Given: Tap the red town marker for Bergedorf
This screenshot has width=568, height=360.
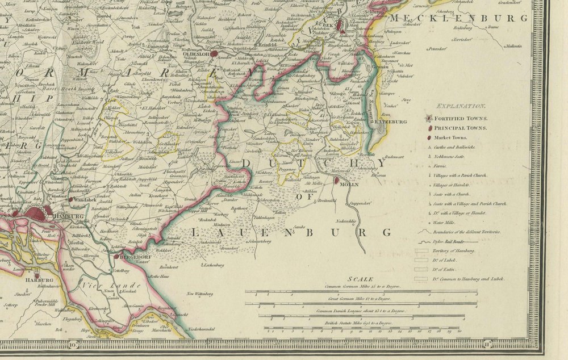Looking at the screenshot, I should tap(116, 257).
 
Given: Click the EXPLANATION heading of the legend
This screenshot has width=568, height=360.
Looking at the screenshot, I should tap(461, 106).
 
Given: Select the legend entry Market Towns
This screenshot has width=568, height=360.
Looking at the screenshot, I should tap(450, 137).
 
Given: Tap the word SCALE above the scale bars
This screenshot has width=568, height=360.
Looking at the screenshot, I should tap(361, 279).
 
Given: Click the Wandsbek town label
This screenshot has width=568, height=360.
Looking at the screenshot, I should tap(85, 200).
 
